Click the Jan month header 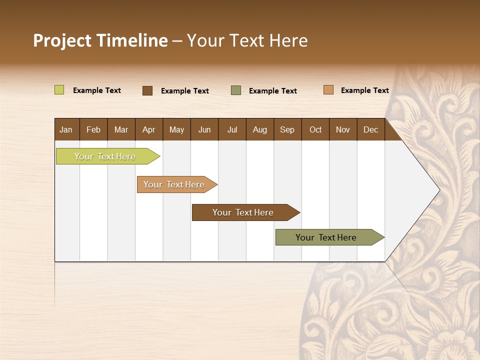tap(66, 129)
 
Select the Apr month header tap(148, 129)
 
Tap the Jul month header tap(232, 129)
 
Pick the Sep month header tap(287, 129)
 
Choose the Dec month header tap(370, 129)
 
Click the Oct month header tap(315, 129)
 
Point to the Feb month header tap(93, 129)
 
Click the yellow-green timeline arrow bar tap(105, 156)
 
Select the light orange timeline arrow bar tap(174, 184)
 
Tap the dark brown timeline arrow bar tap(243, 212)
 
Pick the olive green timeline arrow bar tap(326, 237)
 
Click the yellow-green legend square tap(59, 90)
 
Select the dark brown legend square tap(147, 90)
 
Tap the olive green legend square tap(236, 90)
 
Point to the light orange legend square tap(328, 90)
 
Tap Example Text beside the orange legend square tap(364, 90)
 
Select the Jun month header tap(204, 129)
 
